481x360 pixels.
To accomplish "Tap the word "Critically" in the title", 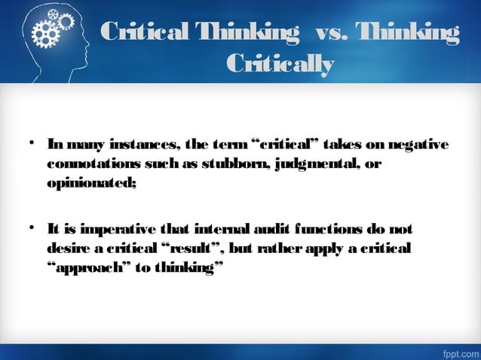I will click(280, 65).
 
